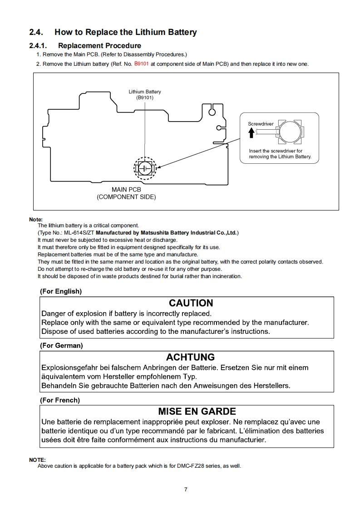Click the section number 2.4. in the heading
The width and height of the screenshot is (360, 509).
tap(36, 32)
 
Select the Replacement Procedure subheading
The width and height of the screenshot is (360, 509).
tap(99, 46)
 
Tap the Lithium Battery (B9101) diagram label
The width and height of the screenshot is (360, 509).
tap(145, 94)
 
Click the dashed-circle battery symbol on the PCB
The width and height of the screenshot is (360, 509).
tap(145, 168)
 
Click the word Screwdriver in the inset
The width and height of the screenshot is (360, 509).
tap(261, 124)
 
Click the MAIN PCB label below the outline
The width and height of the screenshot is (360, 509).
tap(126, 190)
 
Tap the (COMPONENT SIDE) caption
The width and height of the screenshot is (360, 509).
tap(126, 197)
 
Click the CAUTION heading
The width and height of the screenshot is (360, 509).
tap(191, 303)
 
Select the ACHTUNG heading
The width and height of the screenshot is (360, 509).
tap(190, 357)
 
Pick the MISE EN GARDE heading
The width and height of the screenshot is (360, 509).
tap(197, 411)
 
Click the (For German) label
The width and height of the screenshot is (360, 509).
tap(61, 346)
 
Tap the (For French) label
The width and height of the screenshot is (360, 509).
tap(60, 400)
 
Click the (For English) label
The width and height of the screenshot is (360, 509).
tap(61, 291)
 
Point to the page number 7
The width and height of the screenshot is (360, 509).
tap(186, 489)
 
